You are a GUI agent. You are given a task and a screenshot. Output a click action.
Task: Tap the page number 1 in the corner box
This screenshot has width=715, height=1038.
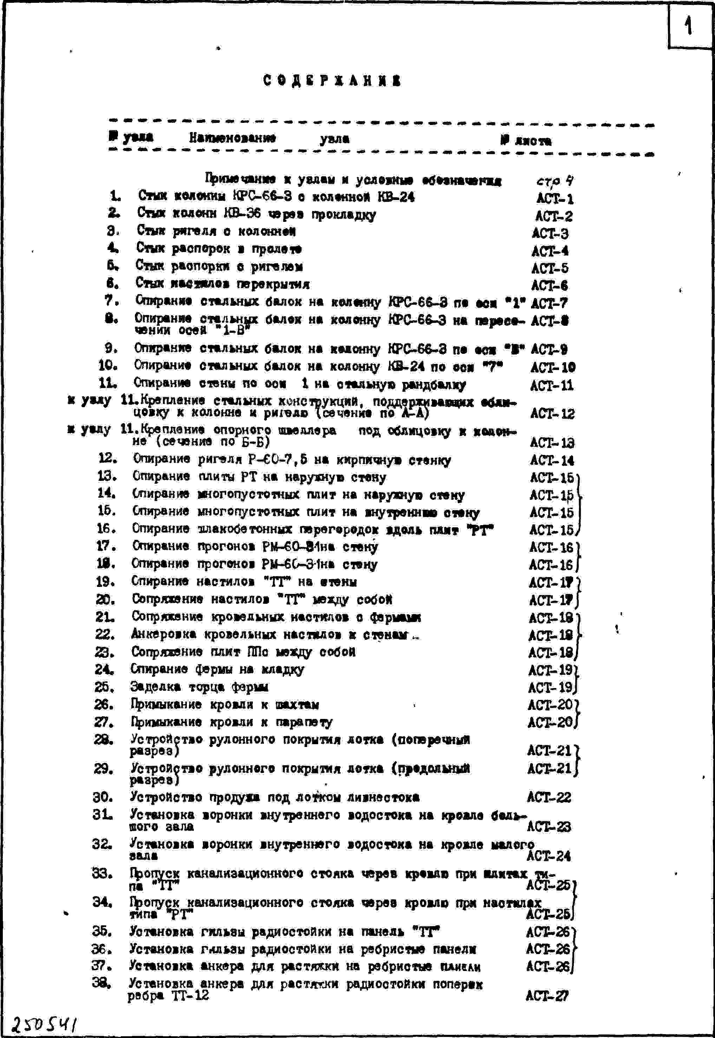coord(689,26)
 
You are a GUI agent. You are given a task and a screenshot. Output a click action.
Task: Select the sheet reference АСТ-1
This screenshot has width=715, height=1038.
coord(555,198)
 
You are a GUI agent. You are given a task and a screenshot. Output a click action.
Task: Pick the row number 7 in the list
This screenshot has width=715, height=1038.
coord(111,300)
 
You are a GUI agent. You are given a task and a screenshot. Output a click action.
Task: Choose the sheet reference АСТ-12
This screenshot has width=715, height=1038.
coord(552,413)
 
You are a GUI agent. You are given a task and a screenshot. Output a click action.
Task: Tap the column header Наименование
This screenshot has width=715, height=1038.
coord(232,138)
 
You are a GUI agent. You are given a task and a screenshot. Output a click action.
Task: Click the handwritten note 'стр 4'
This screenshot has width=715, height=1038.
coord(555,181)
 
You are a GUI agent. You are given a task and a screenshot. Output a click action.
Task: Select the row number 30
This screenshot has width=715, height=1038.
coord(103,796)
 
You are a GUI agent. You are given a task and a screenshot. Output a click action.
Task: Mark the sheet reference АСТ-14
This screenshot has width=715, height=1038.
coord(552,460)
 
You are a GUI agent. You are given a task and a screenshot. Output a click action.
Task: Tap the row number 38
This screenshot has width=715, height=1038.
coord(101,983)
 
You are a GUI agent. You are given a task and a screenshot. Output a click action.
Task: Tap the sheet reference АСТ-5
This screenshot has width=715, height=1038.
coord(550,268)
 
